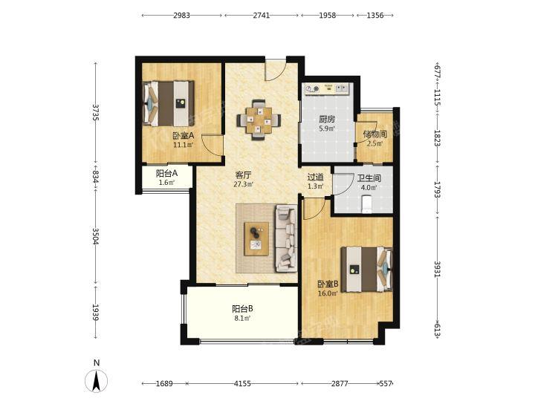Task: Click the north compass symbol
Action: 96,379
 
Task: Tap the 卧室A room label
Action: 184,136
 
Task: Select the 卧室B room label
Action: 328,284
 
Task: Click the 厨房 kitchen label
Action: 327,120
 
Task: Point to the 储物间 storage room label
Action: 374,134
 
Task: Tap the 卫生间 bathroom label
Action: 369,178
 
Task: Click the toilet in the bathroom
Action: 366,204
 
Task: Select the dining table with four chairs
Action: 259,120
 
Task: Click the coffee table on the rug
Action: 256,238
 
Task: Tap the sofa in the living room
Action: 286,238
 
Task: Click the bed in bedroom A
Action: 169,103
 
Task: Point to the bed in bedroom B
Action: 367,270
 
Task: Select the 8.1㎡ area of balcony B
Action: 242,318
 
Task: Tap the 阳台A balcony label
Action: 167,173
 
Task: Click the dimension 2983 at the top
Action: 181,16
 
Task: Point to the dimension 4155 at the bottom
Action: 242,384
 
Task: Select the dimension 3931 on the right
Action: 438,269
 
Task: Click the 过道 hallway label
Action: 315,177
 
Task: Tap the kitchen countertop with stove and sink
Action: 327,89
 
